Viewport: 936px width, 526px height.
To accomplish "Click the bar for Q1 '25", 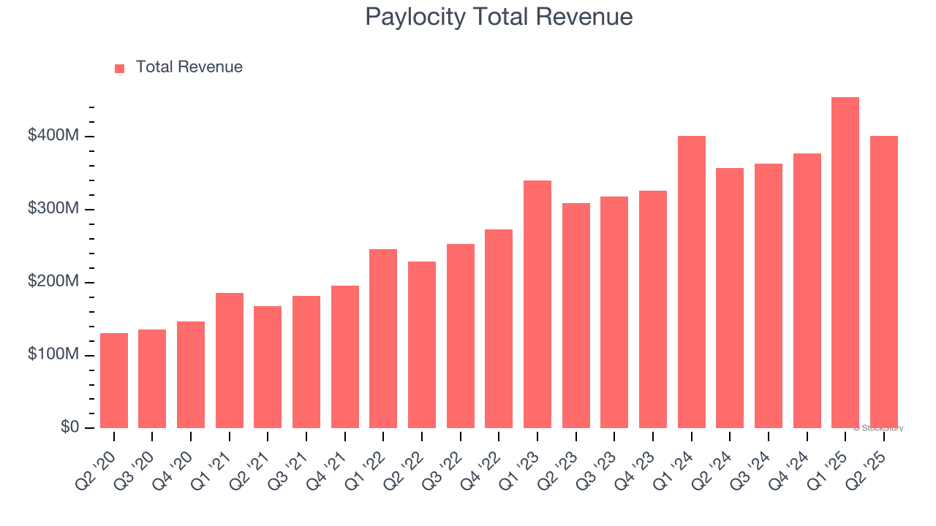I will (845, 263).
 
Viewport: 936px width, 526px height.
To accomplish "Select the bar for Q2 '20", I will (114, 381).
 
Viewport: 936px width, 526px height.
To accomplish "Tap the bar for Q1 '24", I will (692, 282).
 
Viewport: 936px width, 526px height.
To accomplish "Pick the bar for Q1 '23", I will (537, 304).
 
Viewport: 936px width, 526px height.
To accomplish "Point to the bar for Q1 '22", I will (383, 338).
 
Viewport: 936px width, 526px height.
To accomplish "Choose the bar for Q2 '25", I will (884, 282).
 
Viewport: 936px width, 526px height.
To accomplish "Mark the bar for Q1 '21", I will (230, 360).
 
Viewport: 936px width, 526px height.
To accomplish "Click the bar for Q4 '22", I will (499, 329).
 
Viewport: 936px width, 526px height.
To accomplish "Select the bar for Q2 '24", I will (730, 298).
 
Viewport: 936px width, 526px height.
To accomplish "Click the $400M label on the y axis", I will (52, 136).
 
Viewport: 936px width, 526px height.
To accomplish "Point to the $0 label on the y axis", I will (69, 427).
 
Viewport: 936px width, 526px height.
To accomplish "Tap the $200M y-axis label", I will (52, 281).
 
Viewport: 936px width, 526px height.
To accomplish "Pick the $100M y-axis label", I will (52, 354).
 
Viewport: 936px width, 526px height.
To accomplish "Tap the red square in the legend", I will (120, 68).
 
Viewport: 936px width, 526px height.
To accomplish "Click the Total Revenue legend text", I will (189, 67).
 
